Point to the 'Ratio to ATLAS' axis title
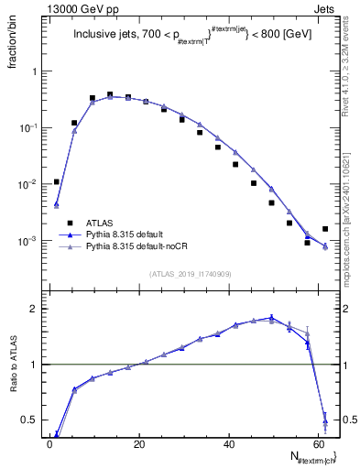click(16, 365)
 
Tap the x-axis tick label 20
click(139, 444)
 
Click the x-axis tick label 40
click(229, 444)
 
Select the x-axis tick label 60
click(318, 444)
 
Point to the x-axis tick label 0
click(50, 444)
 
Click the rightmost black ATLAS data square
click(325, 229)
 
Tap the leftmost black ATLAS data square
click(56, 181)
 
